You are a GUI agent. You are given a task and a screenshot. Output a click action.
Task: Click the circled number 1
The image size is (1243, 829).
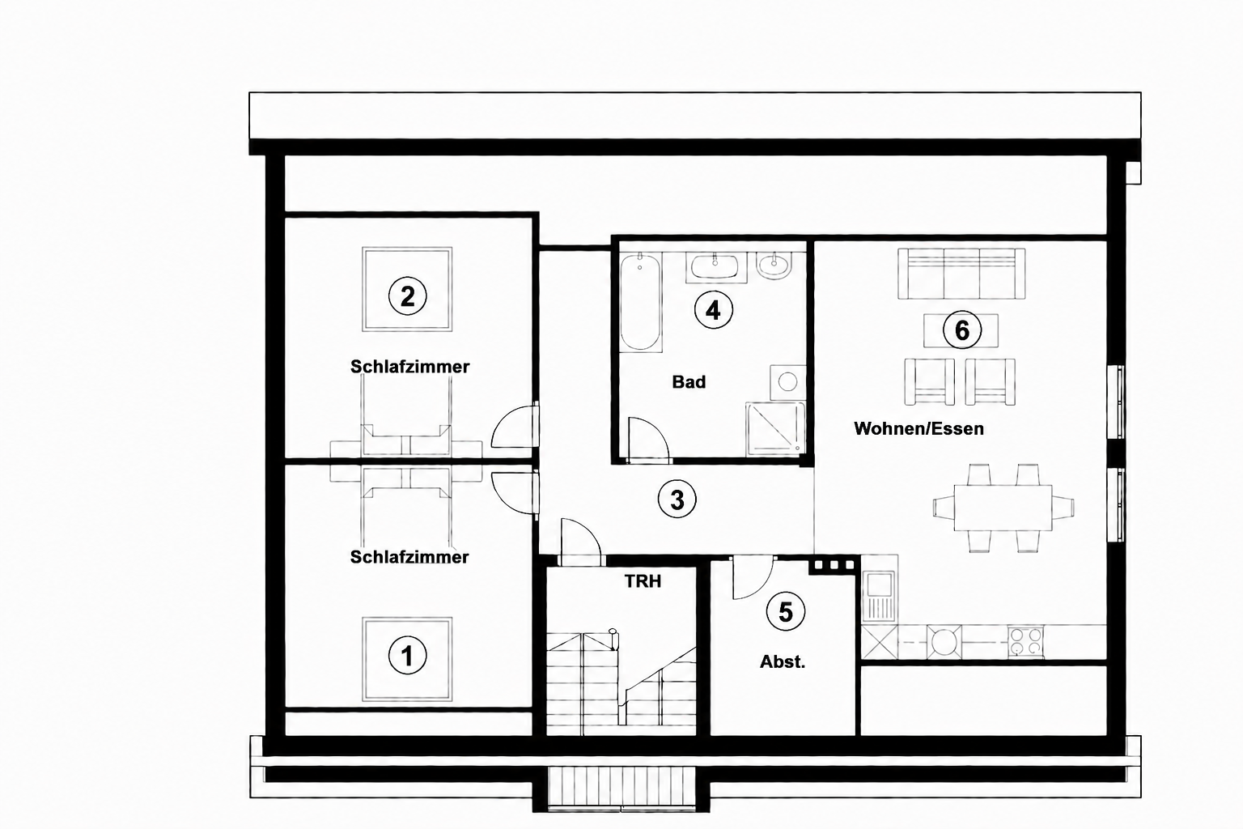[x=407, y=656]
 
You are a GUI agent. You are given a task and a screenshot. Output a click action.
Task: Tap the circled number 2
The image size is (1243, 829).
[x=407, y=296]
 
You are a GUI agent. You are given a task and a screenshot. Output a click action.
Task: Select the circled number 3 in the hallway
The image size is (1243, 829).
[x=677, y=500]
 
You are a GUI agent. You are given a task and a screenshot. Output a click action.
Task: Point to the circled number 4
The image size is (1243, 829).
[x=713, y=310]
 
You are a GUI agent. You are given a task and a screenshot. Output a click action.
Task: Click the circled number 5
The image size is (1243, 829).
[x=785, y=612]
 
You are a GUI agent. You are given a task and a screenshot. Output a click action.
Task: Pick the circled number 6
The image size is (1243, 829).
[x=961, y=329]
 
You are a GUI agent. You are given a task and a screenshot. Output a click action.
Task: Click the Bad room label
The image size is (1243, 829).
[x=689, y=382]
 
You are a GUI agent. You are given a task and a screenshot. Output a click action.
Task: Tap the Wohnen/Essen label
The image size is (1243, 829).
[x=918, y=428]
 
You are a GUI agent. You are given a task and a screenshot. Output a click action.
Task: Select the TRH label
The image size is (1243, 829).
[x=643, y=581]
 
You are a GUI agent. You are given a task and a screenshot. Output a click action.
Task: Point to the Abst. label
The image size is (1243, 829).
[x=783, y=662]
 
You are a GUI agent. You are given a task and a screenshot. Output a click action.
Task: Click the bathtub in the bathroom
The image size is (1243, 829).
[x=640, y=302]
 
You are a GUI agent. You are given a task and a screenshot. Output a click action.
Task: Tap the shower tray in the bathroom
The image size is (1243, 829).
[x=776, y=428]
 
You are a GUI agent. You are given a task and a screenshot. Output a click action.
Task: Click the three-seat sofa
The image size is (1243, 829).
[x=961, y=273]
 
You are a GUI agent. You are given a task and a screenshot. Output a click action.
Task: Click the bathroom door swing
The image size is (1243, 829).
[x=648, y=440]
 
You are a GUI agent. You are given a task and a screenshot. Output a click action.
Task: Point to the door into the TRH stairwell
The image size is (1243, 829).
[x=581, y=542]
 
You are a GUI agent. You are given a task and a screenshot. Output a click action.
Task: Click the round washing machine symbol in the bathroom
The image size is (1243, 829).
[x=787, y=382]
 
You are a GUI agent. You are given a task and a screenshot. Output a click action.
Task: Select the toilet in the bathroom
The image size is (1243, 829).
[x=774, y=266]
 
